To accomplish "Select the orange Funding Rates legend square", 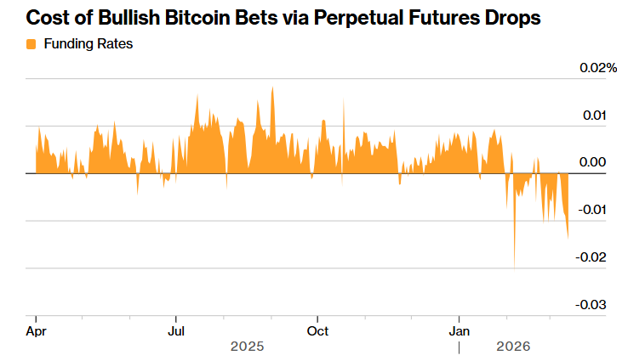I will (x=31, y=43).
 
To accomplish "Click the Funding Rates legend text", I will (x=87, y=43).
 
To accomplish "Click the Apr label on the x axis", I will (x=36, y=330).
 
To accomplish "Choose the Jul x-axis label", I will (x=176, y=330).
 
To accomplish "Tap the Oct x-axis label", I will (x=317, y=330).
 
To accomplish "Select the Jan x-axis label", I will (x=460, y=330).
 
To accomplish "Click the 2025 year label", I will (x=248, y=347).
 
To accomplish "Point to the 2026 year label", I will (x=513, y=347).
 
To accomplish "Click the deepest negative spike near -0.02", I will (x=515, y=267).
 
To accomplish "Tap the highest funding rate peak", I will (x=272, y=88).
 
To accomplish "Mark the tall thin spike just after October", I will (x=344, y=102).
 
